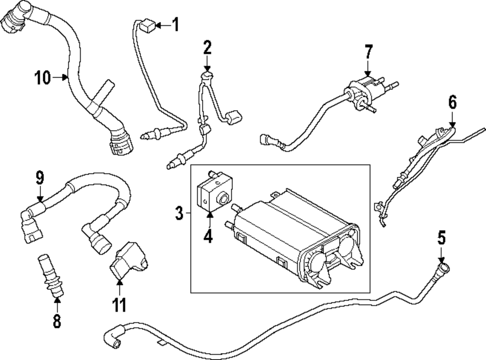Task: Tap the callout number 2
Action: tap(208, 48)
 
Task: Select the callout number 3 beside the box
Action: tap(179, 213)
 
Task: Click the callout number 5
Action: tap(441, 238)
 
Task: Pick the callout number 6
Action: tap(452, 103)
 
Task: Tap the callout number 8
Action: tap(57, 321)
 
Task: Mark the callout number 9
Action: tap(40, 178)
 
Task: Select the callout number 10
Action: tap(43, 77)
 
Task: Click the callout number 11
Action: tap(120, 305)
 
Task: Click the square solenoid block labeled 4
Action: tap(212, 195)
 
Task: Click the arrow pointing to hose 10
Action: tap(61, 77)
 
